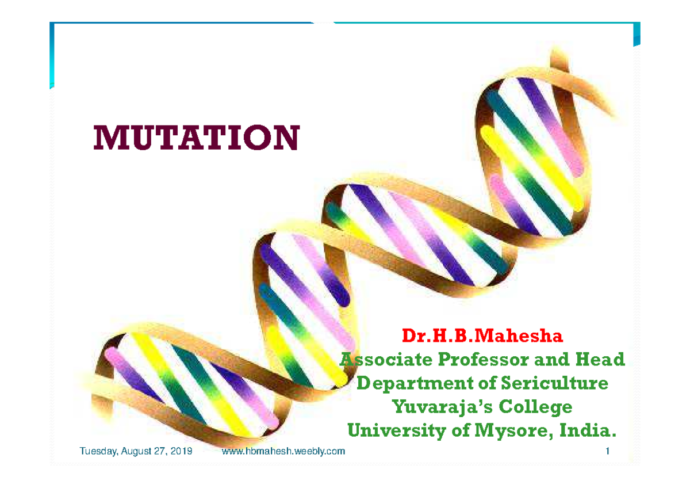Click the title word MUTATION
tap(196, 138)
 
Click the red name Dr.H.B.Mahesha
tap(482, 335)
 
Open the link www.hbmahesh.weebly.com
tap(283, 451)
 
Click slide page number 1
tap(607, 451)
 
